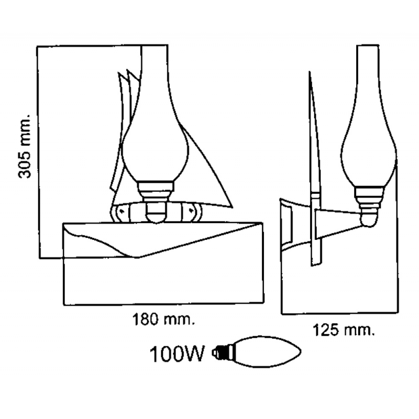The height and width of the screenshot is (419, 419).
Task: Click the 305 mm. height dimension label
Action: click(25, 147)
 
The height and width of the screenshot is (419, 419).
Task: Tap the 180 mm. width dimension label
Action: click(163, 319)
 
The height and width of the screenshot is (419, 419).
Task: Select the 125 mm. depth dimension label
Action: click(344, 330)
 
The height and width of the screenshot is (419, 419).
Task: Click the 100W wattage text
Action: click(177, 354)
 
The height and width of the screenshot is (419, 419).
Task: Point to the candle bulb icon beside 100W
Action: click(257, 352)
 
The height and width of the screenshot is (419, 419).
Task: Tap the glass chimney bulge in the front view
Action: click(155, 155)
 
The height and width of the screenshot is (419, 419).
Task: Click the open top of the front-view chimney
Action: click(155, 46)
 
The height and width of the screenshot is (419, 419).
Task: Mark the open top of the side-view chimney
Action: click(368, 46)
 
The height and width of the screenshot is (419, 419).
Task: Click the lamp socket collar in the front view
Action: click(156, 190)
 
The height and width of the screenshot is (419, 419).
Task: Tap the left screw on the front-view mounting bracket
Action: click(122, 211)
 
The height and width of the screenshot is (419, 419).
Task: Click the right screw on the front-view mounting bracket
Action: click(191, 211)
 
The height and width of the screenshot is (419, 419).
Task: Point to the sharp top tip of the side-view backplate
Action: click(310, 72)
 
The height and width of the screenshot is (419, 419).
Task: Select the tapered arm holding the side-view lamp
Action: click(338, 224)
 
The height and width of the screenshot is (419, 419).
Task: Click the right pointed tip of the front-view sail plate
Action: click(231, 207)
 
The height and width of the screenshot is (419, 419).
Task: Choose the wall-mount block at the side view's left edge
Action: click(287, 225)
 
